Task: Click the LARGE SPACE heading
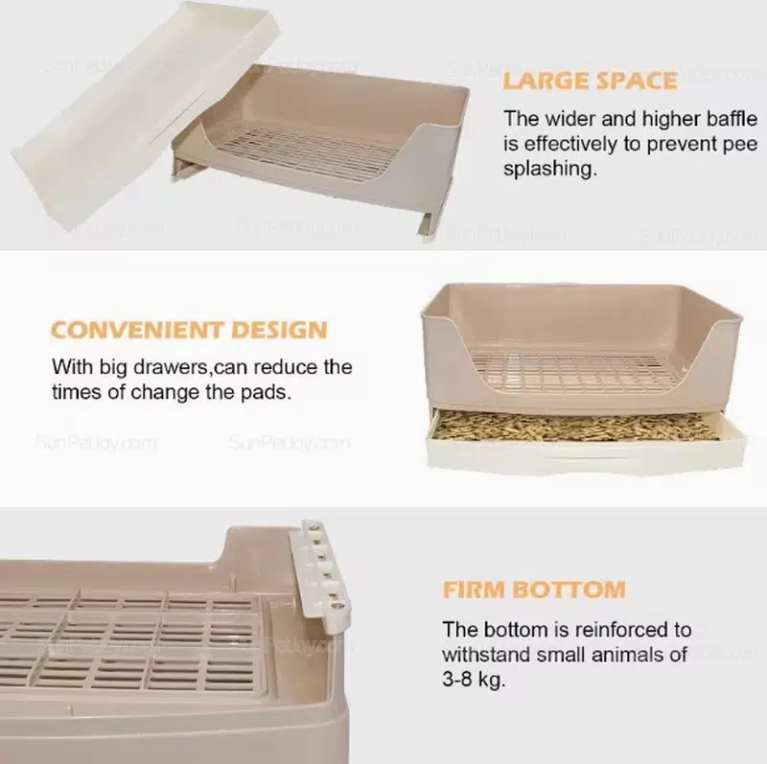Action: pos(590,81)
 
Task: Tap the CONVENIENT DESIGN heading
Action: pos(189,330)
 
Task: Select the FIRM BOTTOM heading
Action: pos(534,590)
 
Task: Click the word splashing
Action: pos(550,170)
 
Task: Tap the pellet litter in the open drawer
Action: pos(577,425)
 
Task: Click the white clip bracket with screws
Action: pos(320,576)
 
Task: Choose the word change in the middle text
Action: pos(165,393)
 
